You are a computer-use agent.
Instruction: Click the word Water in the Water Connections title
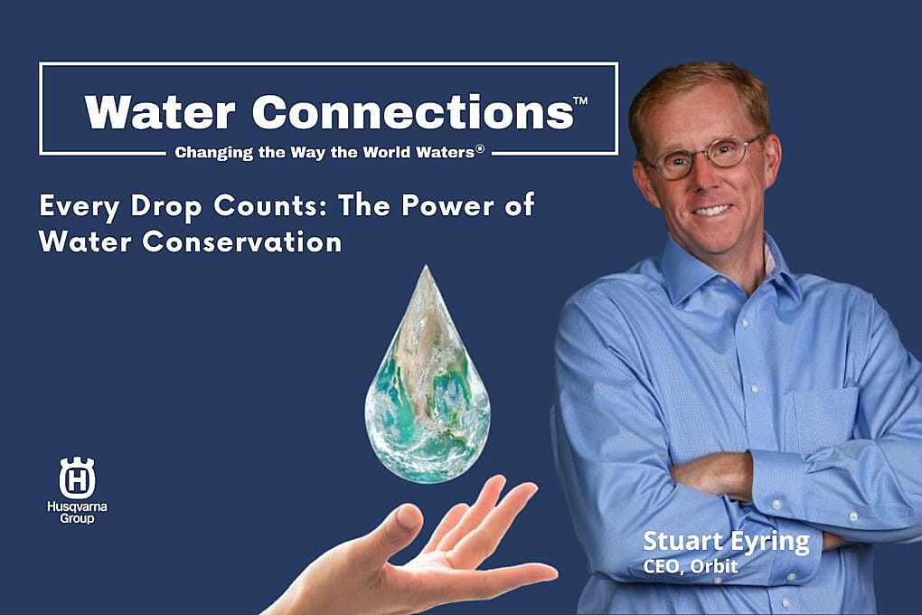coord(159,112)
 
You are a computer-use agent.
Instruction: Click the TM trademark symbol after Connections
coord(580,100)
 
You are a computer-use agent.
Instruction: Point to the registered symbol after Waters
coord(480,149)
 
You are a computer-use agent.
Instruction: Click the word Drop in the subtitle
coord(165,207)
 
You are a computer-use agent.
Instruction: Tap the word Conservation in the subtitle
coord(241,241)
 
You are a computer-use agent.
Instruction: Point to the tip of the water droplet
coord(427,266)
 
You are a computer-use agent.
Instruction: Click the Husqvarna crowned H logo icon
coord(77,478)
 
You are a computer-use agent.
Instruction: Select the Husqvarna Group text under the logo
coord(77,512)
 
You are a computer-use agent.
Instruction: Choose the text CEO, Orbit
coord(691,566)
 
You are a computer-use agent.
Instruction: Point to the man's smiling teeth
coord(712,210)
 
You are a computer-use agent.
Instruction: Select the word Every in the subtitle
coord(80,207)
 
